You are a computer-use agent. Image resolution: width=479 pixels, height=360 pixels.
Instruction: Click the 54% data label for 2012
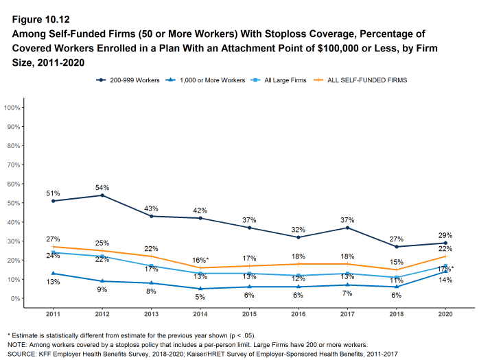(102, 187)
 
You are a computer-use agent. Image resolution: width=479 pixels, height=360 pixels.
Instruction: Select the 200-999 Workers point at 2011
(54, 201)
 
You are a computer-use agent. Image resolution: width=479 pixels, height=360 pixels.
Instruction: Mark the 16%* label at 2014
(200, 261)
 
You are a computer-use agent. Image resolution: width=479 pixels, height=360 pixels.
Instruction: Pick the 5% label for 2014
(200, 297)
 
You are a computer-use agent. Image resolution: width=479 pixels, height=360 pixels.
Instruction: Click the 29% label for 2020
(445, 235)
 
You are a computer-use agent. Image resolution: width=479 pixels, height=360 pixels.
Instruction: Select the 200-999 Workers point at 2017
(348, 228)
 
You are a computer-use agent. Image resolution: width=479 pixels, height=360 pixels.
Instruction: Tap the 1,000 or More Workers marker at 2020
(446, 272)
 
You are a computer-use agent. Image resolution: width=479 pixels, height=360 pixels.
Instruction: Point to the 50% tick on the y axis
(12, 203)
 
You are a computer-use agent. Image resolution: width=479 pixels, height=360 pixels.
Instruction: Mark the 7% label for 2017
(348, 293)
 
